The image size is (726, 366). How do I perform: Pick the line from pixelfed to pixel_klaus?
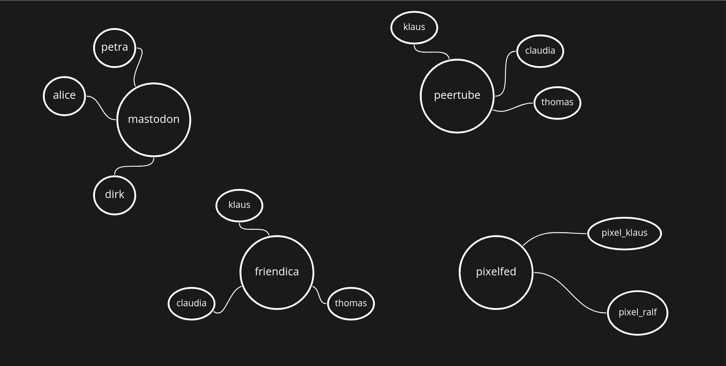click(x=551, y=233)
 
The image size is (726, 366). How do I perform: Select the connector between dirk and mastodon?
click(x=135, y=167)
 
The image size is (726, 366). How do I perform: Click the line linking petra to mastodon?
click(x=138, y=67)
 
